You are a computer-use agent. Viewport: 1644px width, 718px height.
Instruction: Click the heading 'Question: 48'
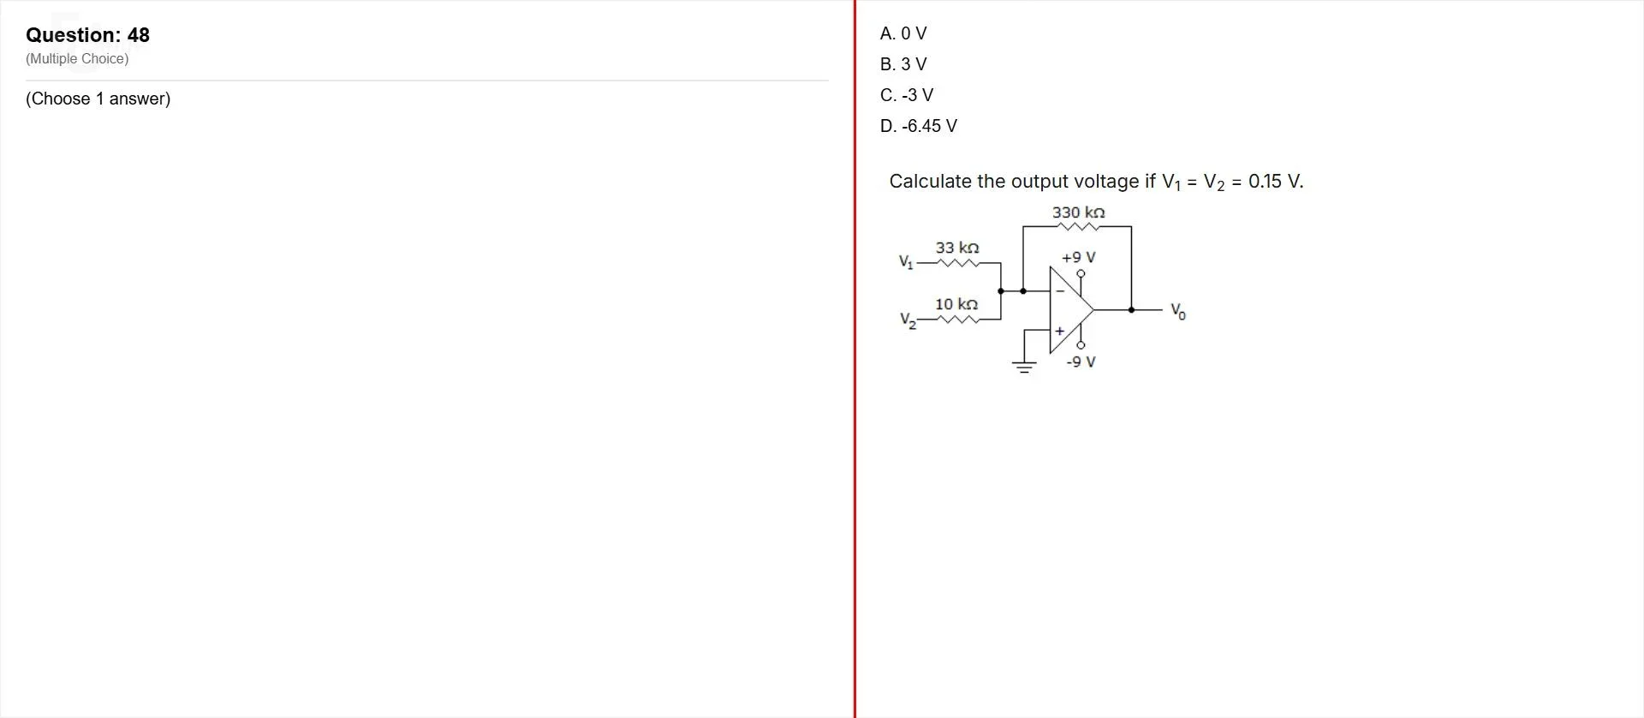87,35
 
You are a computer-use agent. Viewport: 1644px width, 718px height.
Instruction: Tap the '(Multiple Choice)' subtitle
77,59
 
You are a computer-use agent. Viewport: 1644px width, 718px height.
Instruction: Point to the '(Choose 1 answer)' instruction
98,99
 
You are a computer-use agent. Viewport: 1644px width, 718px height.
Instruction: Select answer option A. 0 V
903,33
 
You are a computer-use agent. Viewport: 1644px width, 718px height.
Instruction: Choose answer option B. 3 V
903,64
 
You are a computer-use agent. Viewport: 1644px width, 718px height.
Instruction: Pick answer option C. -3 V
907,95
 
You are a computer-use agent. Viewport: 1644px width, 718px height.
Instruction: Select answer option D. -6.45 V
919,126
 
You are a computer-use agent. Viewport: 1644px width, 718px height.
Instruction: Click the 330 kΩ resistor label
1079,212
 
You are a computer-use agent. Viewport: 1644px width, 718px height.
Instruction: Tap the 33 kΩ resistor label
957,248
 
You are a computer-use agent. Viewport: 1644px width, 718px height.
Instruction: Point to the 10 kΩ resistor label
956,304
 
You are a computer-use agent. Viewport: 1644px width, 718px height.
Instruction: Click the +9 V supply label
1079,257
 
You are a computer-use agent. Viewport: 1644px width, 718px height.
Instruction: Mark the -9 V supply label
1081,362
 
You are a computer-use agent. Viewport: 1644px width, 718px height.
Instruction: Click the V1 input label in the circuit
906,261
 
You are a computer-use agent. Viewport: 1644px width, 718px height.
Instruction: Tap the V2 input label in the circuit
908,320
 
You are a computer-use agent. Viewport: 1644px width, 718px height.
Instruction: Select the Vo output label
1178,311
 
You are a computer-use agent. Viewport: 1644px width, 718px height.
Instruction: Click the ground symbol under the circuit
1023,367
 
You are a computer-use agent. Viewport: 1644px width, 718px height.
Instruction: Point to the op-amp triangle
1071,309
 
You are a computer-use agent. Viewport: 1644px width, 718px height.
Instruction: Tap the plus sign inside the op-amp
1059,331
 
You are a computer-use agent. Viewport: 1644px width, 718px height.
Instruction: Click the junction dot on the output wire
1131,309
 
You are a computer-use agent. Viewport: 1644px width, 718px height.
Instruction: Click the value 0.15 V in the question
1276,182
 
